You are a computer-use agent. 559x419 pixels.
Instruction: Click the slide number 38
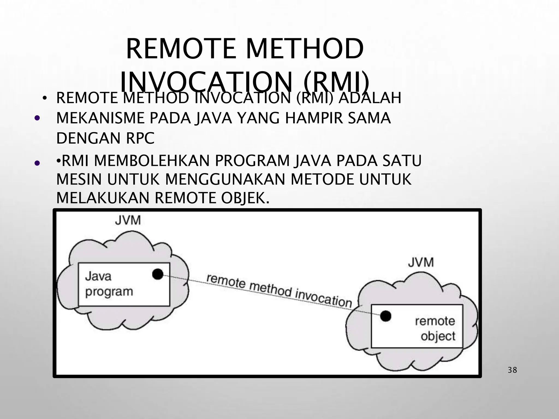[x=512, y=370]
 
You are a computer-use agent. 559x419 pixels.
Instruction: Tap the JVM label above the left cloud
[x=128, y=220]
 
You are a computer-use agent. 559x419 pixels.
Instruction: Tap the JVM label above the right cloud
[x=421, y=262]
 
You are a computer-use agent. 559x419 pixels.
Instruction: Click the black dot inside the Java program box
[x=157, y=274]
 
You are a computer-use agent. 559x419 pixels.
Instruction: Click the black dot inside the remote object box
[x=385, y=316]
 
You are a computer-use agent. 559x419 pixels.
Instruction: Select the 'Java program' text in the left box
[x=109, y=284]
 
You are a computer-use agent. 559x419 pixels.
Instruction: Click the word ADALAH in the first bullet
[x=370, y=98]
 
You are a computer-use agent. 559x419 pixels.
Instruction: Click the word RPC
[x=140, y=138]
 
